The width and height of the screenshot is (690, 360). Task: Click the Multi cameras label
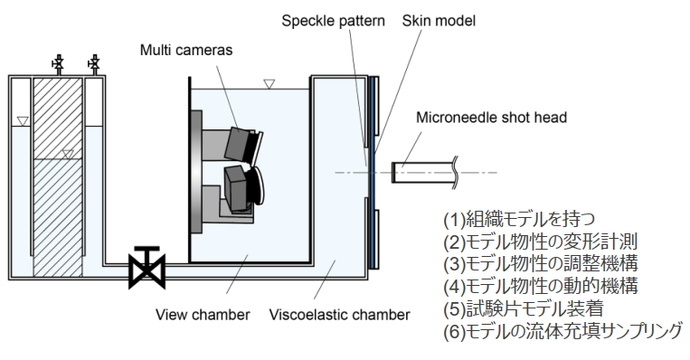click(186, 50)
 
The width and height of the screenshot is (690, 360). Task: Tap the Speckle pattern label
click(333, 21)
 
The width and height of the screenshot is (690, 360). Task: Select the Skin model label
click(439, 21)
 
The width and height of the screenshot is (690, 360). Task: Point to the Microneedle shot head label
click(491, 118)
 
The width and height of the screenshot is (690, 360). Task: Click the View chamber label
click(203, 315)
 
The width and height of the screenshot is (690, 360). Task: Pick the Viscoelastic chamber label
click(339, 315)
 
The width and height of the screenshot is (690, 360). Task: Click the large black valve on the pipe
click(147, 268)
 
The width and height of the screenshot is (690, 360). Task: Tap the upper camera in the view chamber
click(243, 144)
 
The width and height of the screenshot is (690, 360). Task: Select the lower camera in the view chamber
click(243, 189)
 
